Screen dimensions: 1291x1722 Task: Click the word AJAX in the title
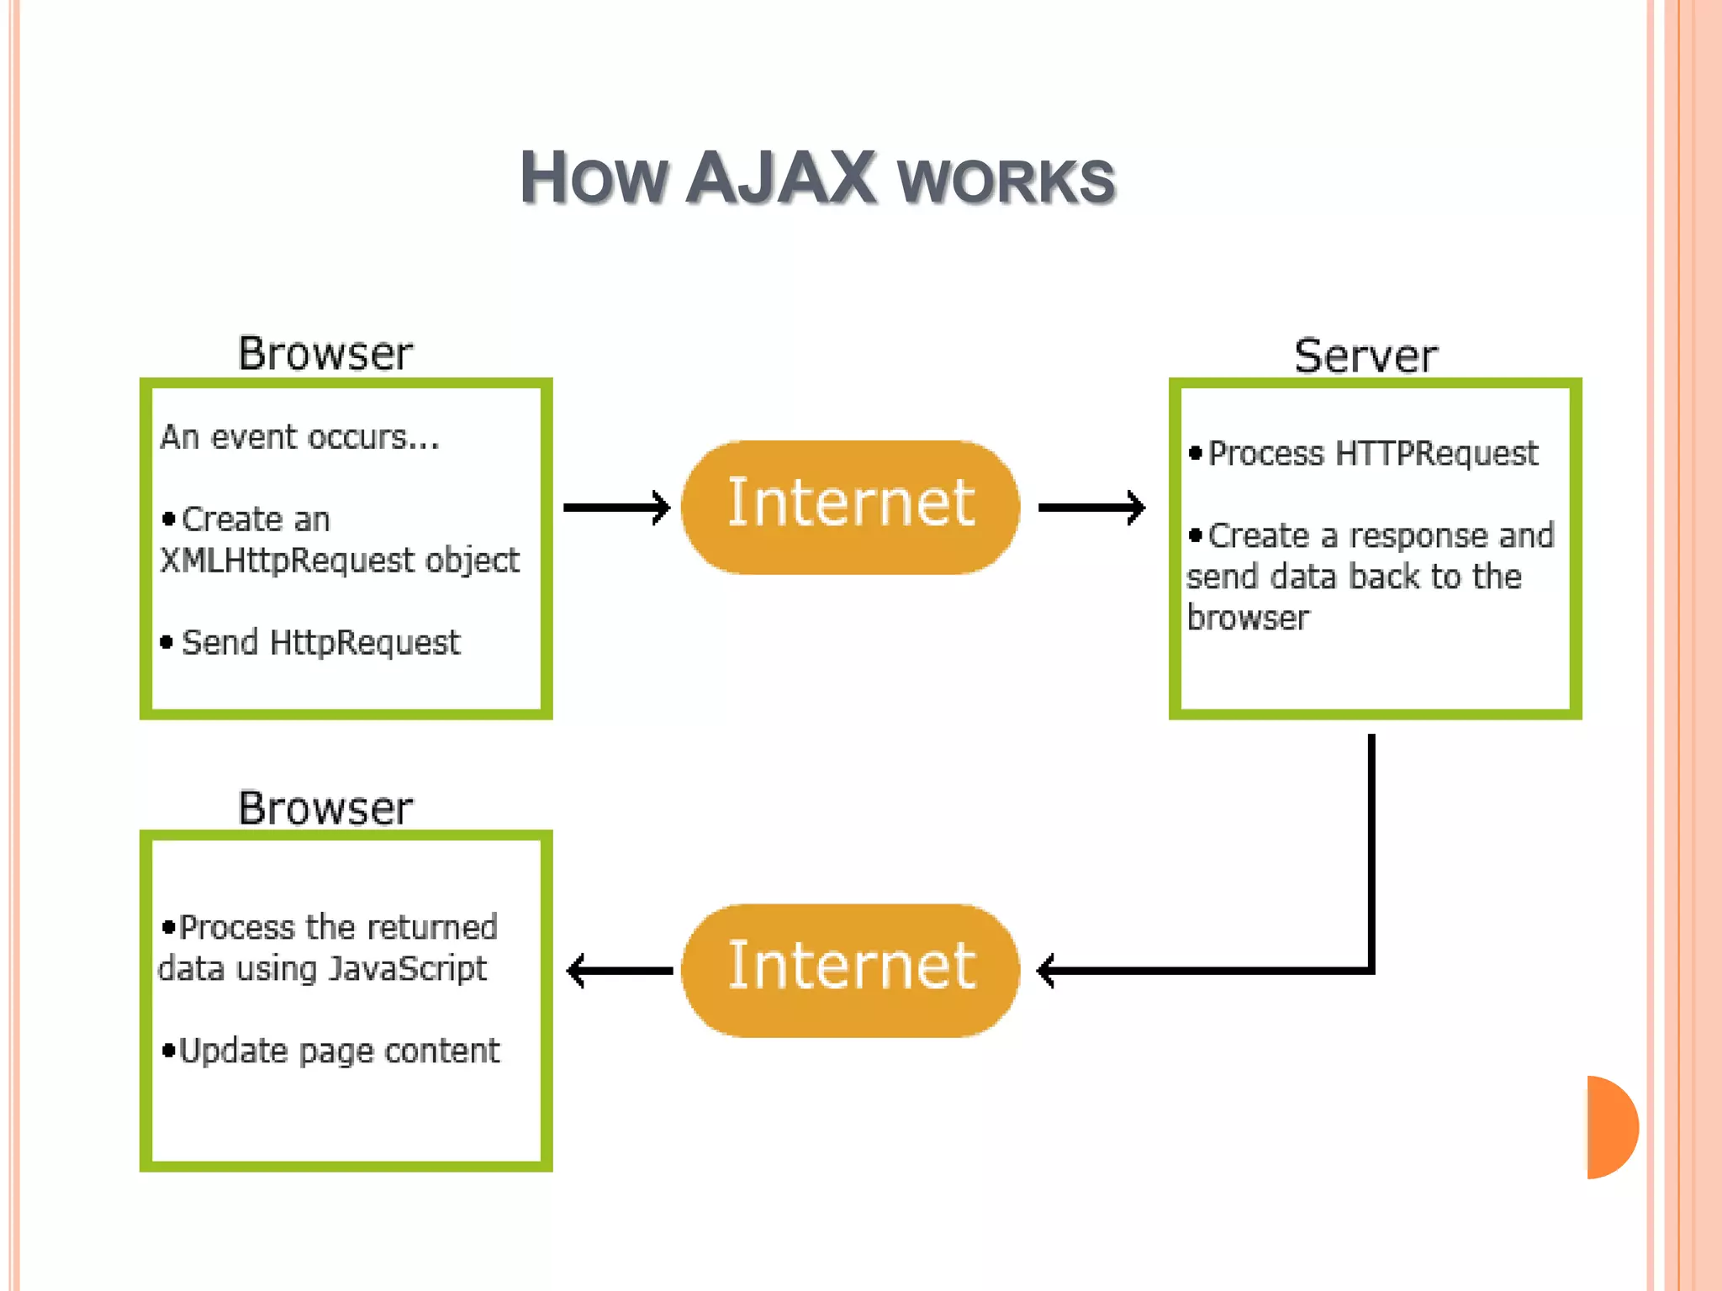pos(782,178)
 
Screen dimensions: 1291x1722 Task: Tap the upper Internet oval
pos(850,507)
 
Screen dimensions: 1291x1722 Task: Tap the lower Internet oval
pos(850,970)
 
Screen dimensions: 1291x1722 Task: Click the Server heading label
pos(1365,356)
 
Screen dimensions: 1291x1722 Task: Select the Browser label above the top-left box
pos(325,354)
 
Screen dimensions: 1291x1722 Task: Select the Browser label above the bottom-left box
pos(325,809)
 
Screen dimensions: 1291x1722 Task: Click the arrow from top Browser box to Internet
pos(615,507)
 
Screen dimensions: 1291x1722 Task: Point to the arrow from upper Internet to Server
pos(1091,507)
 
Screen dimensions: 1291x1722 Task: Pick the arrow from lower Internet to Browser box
pos(620,971)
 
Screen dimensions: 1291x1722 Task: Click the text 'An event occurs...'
pos(299,437)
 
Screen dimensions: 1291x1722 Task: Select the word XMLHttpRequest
pos(287,561)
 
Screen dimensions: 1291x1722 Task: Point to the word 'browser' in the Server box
pos(1248,619)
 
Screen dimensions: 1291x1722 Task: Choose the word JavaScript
pos(407,969)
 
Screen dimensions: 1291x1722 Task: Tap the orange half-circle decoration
pos(1610,1127)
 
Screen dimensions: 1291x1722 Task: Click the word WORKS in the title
pos(1006,182)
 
